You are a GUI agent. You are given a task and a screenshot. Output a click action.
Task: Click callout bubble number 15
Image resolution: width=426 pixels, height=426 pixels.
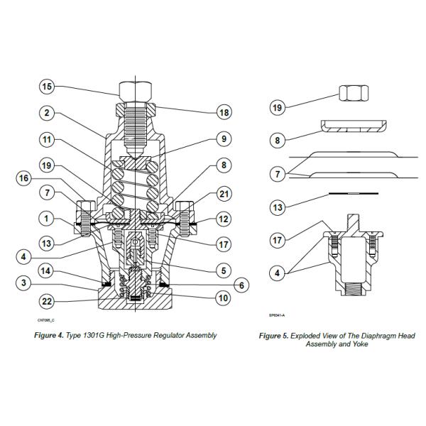[47, 87]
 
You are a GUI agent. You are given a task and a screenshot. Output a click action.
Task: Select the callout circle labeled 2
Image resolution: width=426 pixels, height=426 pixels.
[47, 113]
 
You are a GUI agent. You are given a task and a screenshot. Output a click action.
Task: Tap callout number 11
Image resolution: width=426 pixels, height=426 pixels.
[47, 140]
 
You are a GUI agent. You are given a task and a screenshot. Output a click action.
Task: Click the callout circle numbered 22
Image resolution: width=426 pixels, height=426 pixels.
[47, 302]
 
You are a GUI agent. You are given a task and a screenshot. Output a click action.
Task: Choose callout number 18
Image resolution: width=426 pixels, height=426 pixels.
[224, 113]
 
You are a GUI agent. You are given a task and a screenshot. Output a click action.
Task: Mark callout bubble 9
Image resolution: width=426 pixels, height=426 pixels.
[224, 140]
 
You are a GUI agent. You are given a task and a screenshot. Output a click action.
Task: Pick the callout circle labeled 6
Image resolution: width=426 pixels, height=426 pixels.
[241, 284]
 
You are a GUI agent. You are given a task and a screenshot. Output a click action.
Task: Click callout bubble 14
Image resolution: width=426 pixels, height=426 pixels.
[47, 270]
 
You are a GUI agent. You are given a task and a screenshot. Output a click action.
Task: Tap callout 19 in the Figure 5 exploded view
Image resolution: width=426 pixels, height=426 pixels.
[278, 108]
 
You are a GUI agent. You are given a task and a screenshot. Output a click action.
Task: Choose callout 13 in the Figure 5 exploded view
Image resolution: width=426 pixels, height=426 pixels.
[278, 207]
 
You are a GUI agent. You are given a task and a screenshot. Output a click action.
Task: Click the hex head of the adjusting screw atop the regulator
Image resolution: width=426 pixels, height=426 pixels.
[135, 91]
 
